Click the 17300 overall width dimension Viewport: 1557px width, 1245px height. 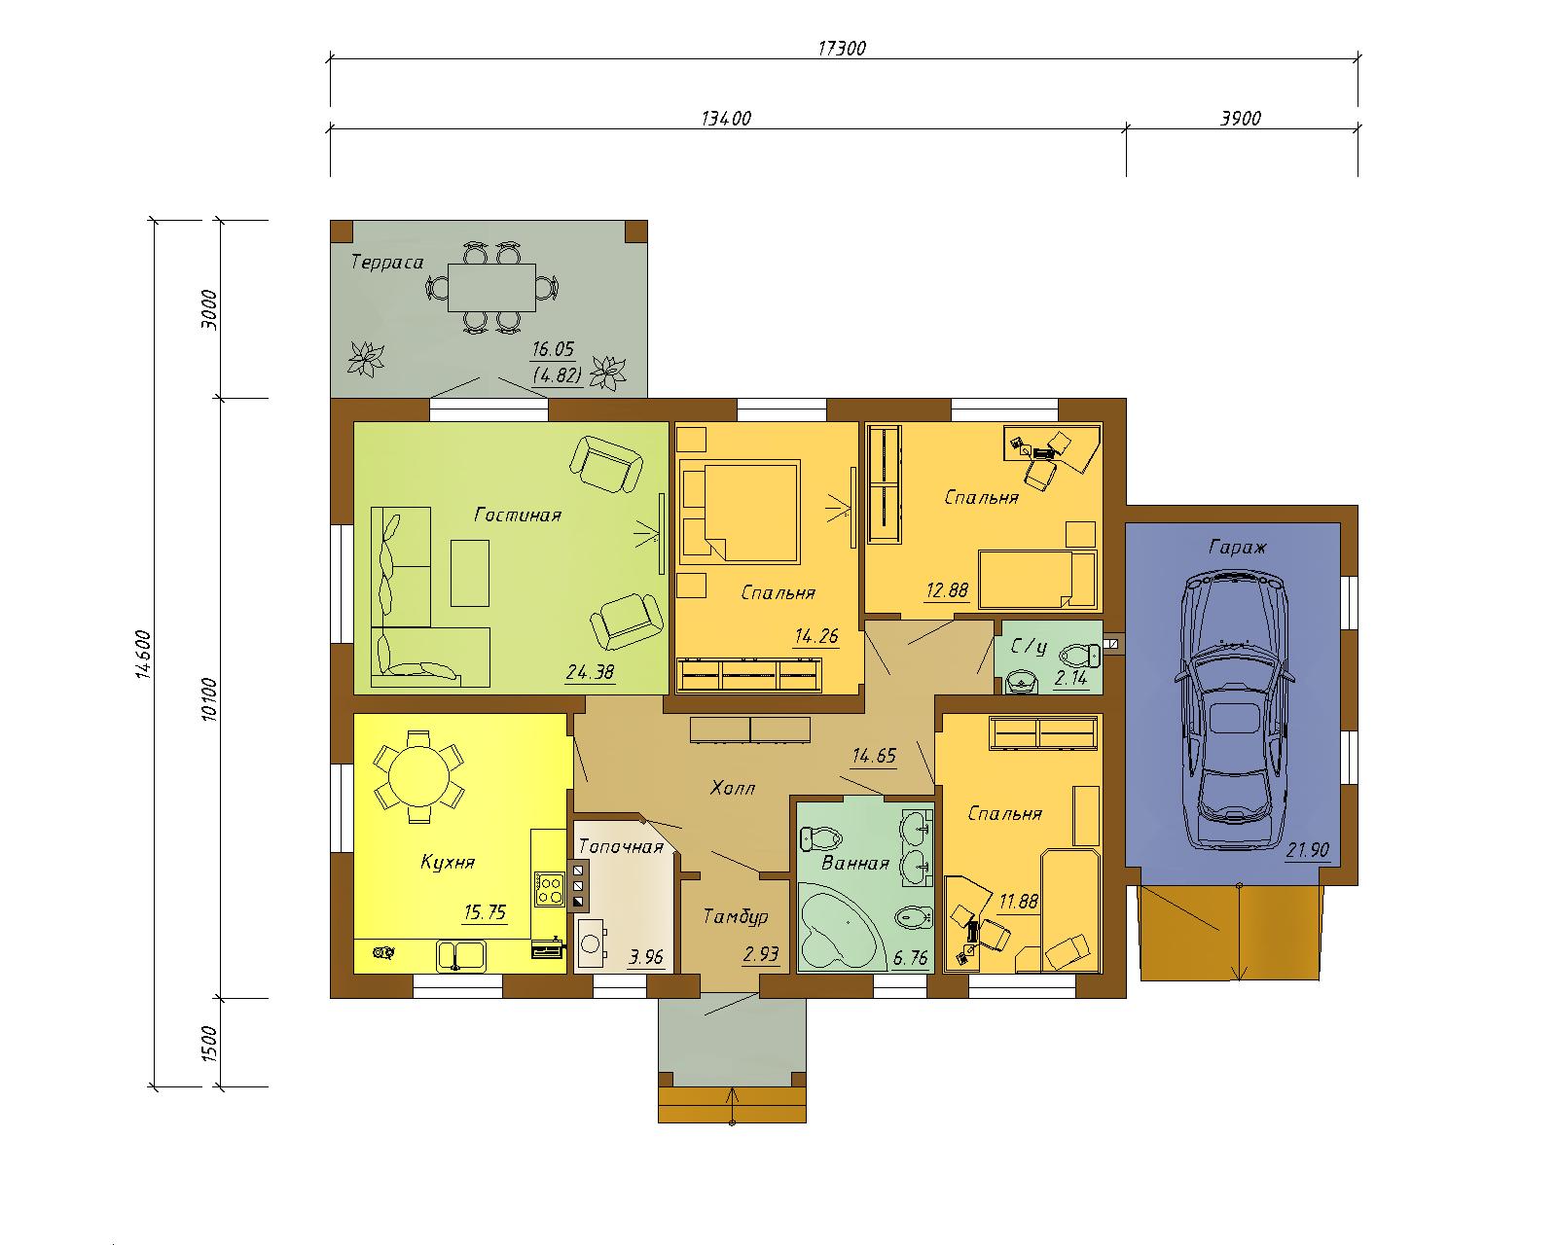click(x=842, y=49)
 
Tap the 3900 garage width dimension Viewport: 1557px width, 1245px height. click(x=1241, y=118)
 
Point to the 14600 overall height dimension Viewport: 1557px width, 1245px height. click(x=143, y=655)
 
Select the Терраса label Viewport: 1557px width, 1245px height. click(x=387, y=262)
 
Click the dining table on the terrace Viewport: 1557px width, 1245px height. click(x=491, y=287)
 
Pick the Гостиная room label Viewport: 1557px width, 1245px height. click(x=518, y=515)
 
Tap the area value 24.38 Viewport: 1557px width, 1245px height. click(x=590, y=672)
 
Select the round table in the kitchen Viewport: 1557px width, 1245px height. click(x=418, y=776)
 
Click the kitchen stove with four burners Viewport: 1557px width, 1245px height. click(x=549, y=889)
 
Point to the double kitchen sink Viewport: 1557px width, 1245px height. click(x=461, y=955)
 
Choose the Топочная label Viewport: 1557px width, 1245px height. click(x=622, y=846)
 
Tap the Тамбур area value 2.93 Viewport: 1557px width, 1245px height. click(x=760, y=954)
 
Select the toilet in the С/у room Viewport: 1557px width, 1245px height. click(x=1079, y=657)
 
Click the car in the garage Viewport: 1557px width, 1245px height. click(x=1234, y=710)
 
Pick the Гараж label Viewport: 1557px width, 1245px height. click(x=1237, y=547)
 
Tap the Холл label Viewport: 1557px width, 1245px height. click(x=732, y=788)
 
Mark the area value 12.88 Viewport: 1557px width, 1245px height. click(x=947, y=590)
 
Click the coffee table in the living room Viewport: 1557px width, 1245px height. click(x=470, y=573)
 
